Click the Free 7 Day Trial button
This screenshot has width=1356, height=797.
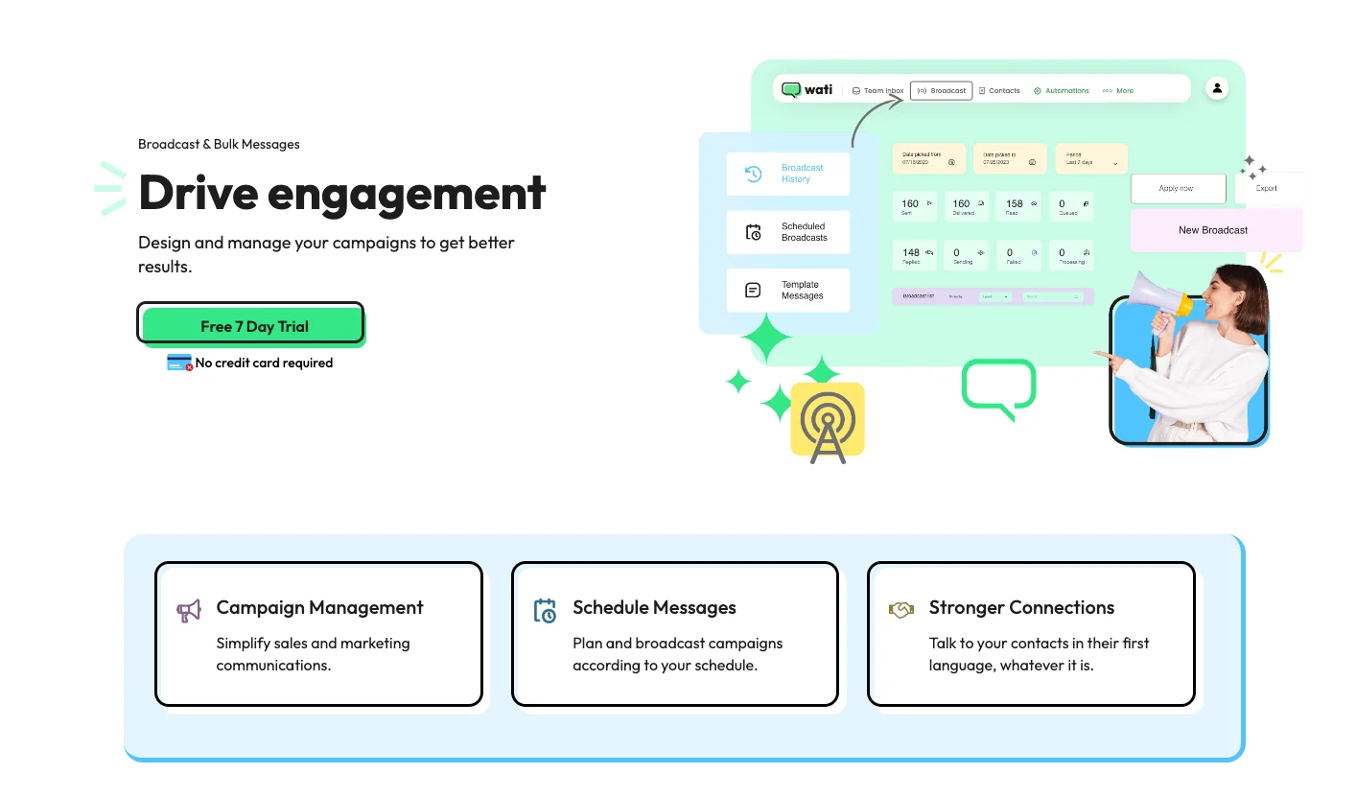253,326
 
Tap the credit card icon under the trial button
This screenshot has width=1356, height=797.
179,363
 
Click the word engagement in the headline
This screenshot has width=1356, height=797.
407,193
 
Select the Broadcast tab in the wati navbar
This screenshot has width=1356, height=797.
941,91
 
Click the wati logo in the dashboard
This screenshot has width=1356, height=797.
807,90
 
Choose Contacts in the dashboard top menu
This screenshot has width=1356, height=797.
999,91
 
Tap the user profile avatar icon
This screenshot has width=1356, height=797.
1217,88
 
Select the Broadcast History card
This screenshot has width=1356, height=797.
787,174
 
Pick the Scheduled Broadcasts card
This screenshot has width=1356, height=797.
787,232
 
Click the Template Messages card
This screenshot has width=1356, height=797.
787,291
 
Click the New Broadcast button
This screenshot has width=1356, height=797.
1212,230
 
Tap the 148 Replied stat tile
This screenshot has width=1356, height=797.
917,255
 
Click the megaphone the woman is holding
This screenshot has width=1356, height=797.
1158,299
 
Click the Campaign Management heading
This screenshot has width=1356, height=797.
319,607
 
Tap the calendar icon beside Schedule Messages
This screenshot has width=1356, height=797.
545,611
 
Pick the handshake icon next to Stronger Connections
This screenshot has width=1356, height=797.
900,610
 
